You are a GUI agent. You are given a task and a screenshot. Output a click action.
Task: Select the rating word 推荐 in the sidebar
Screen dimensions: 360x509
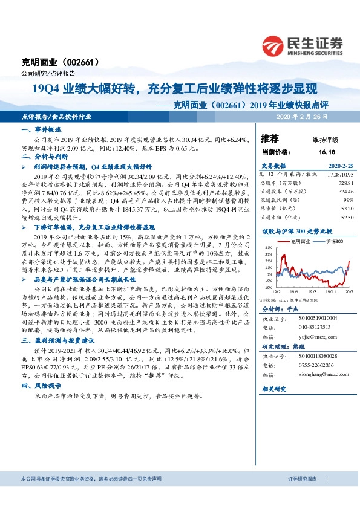tap(270, 138)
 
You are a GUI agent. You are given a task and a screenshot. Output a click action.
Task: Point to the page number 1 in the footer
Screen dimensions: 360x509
tap(328, 496)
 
